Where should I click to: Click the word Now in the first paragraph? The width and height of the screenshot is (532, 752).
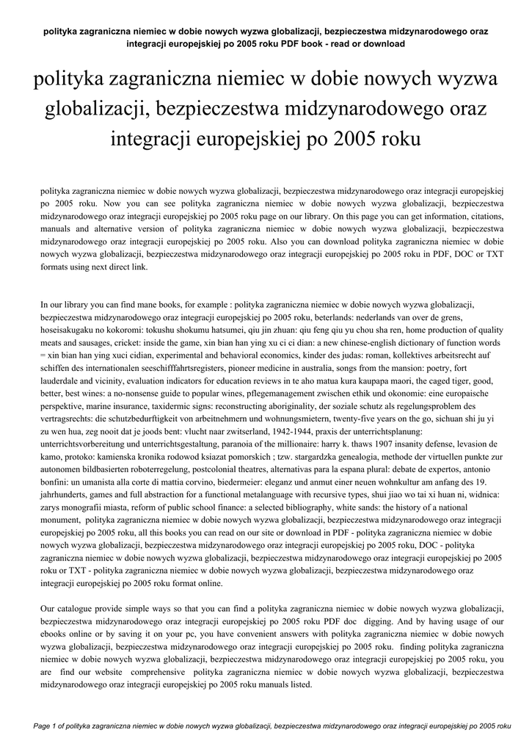(x=113, y=203)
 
